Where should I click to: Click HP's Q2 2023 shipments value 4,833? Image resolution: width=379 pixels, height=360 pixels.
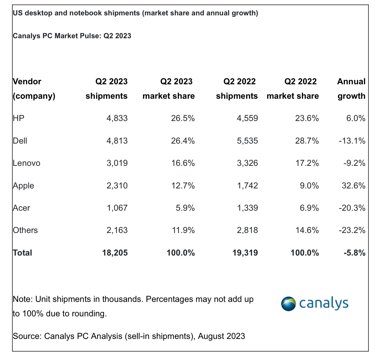(x=117, y=118)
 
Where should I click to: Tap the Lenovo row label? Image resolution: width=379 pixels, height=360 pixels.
(x=27, y=163)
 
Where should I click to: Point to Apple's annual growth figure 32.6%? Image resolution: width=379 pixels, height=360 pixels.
(x=353, y=186)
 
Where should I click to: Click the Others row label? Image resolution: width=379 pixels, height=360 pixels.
(x=25, y=230)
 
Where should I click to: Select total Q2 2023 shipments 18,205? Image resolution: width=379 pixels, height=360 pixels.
(x=115, y=253)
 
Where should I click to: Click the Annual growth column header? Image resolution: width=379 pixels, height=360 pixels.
(x=351, y=89)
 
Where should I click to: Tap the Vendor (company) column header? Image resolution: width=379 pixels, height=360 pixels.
(x=34, y=89)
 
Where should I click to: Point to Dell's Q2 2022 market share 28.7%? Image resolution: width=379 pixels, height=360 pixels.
(x=307, y=141)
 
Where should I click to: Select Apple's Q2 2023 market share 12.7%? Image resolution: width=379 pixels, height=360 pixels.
(x=183, y=186)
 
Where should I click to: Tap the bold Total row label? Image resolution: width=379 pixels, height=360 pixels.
(x=22, y=253)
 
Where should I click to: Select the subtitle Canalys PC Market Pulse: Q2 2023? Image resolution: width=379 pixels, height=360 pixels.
(x=72, y=36)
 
